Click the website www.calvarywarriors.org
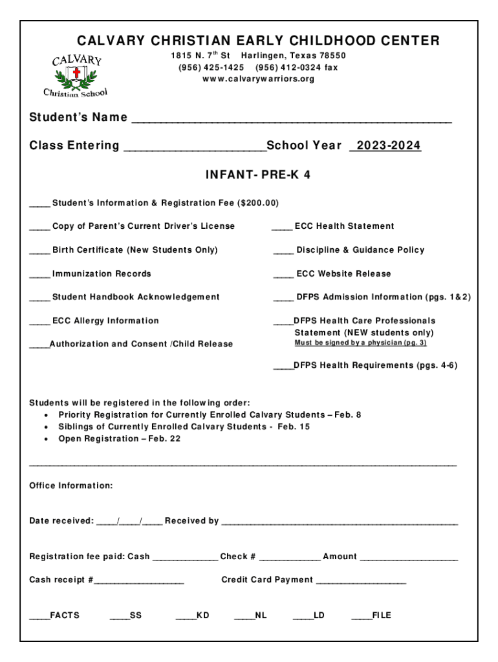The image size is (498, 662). point(258,79)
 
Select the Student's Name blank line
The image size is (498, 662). point(291,120)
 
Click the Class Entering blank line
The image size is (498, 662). point(194,148)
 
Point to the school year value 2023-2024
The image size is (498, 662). point(385,146)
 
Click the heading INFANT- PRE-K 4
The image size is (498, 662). point(257,175)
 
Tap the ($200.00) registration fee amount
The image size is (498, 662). point(259,203)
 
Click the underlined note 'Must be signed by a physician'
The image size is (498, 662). point(360,343)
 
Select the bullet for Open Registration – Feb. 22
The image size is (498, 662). point(46,439)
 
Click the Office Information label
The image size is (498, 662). point(71,486)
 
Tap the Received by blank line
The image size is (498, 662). point(340,522)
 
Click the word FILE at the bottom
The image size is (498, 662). point(382,615)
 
